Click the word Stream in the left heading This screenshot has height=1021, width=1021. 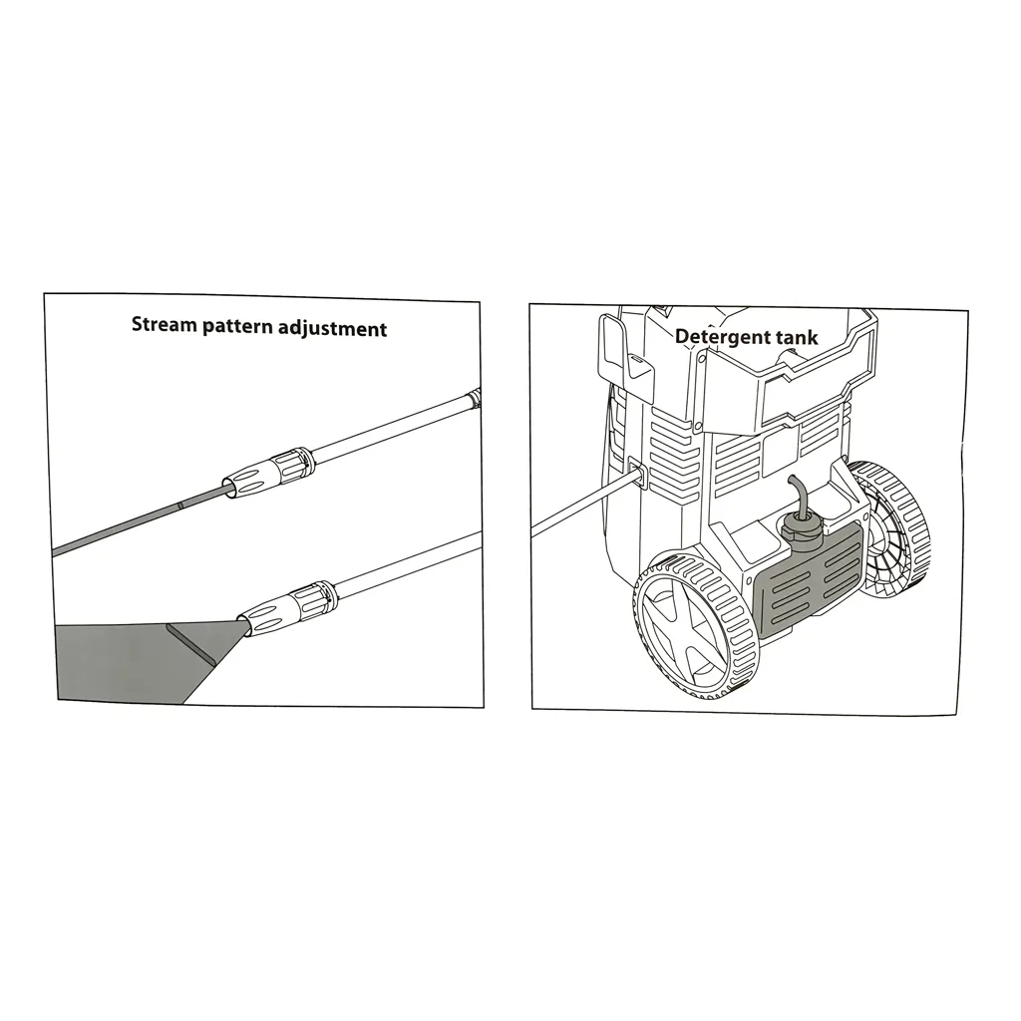(165, 324)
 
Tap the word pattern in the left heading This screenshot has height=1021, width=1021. (237, 327)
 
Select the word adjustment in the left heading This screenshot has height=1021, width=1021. (332, 329)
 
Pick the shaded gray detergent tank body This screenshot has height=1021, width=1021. (808, 578)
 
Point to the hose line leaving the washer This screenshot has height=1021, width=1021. (582, 506)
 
